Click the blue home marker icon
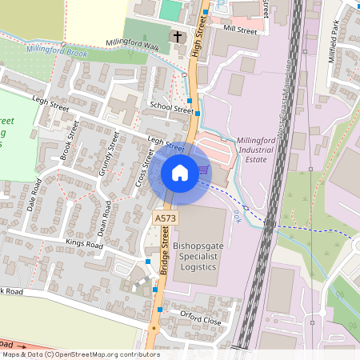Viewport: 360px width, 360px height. coord(180,173)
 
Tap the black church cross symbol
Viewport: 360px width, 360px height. coord(177,37)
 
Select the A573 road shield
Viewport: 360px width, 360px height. coord(165,218)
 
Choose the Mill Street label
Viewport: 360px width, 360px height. coord(240,30)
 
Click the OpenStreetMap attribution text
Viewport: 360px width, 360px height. coord(80,354)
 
